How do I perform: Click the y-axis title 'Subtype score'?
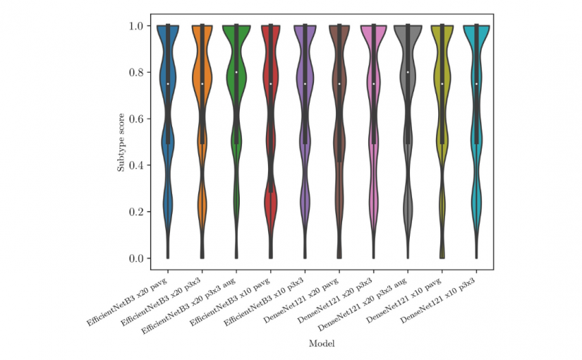(121, 142)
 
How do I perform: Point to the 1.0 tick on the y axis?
(138, 26)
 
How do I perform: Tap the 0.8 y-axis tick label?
(138, 72)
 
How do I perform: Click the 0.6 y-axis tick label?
(138, 119)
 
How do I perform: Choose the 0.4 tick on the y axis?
(138, 165)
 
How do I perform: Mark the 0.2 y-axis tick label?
(138, 212)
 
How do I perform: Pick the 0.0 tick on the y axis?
(138, 258)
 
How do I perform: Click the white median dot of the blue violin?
(168, 83)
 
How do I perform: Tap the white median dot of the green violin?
(236, 72)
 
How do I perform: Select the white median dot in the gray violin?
(408, 72)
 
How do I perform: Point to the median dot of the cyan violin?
(476, 83)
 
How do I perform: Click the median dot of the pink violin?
(374, 83)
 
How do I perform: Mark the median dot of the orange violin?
(202, 83)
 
